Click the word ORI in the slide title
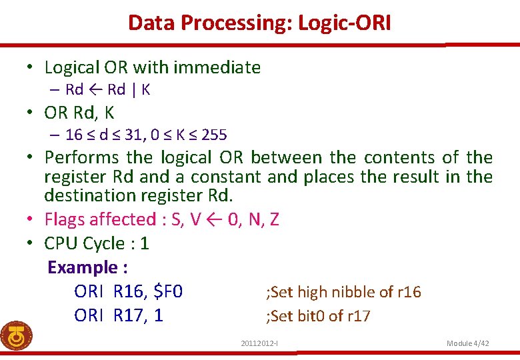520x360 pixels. (x=373, y=23)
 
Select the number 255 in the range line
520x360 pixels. (x=214, y=135)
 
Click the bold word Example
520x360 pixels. (x=82, y=267)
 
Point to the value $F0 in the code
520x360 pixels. (x=168, y=292)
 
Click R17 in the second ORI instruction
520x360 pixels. (x=128, y=315)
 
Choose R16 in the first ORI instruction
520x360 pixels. (x=128, y=292)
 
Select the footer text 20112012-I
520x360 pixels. (x=259, y=343)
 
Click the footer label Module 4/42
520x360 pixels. (x=468, y=343)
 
